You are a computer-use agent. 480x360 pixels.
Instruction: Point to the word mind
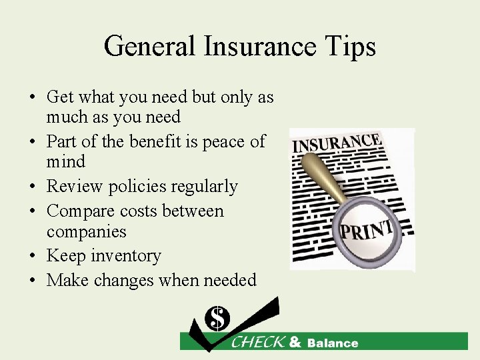point(66,161)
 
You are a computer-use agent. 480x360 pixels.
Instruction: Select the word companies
point(86,231)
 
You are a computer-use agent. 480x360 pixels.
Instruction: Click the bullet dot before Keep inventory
point(33,257)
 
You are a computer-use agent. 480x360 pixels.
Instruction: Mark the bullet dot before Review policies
point(33,187)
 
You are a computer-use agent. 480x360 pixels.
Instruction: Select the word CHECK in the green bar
point(257,343)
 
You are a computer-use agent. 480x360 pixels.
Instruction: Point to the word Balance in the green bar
point(332,343)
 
